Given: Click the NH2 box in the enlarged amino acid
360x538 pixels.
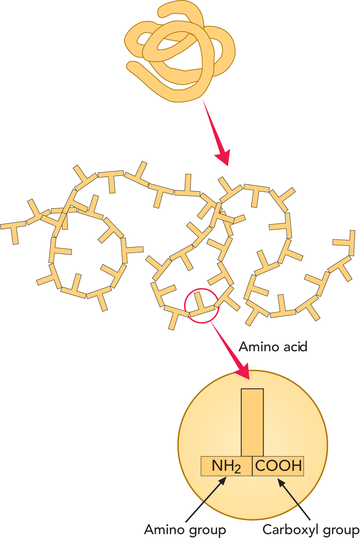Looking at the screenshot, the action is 226,466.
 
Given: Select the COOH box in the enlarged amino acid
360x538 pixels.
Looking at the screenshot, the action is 278,466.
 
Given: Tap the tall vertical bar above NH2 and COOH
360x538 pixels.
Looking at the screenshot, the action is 252,423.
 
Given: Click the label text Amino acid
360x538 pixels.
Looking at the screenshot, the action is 273,347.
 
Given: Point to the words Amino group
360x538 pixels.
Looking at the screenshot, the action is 185,530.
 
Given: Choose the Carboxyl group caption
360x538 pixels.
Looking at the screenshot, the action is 311,530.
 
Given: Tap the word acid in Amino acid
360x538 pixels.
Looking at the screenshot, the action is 294,347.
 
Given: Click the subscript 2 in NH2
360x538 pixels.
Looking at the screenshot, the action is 237,469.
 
